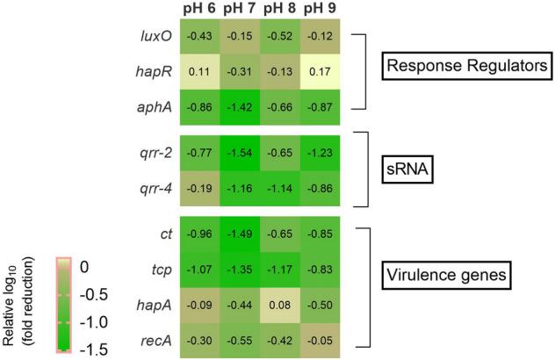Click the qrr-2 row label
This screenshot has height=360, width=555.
(x=155, y=153)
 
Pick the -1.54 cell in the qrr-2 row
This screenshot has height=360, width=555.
(x=241, y=153)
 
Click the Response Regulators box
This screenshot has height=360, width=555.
(x=465, y=65)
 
